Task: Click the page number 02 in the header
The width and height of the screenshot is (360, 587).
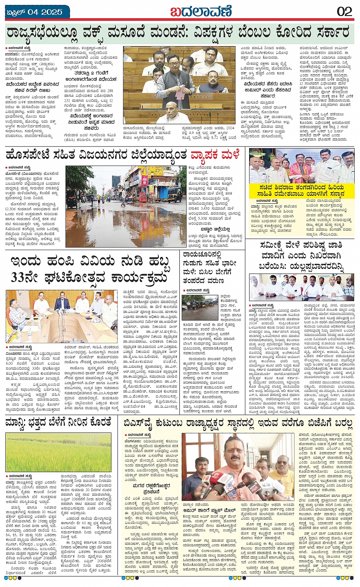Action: [344, 11]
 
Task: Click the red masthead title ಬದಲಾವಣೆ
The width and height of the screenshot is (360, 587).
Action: [200, 11]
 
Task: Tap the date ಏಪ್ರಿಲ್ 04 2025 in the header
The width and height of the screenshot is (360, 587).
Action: [35, 12]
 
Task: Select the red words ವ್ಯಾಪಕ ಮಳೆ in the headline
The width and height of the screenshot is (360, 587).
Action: [215, 155]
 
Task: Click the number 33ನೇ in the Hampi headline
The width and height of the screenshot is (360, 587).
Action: [26, 277]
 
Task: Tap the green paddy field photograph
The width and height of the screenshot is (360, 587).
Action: [59, 452]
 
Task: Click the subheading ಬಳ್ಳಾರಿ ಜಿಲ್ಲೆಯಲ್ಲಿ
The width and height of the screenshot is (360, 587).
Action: [215, 229]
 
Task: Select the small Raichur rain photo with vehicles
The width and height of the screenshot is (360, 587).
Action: [200, 307]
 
